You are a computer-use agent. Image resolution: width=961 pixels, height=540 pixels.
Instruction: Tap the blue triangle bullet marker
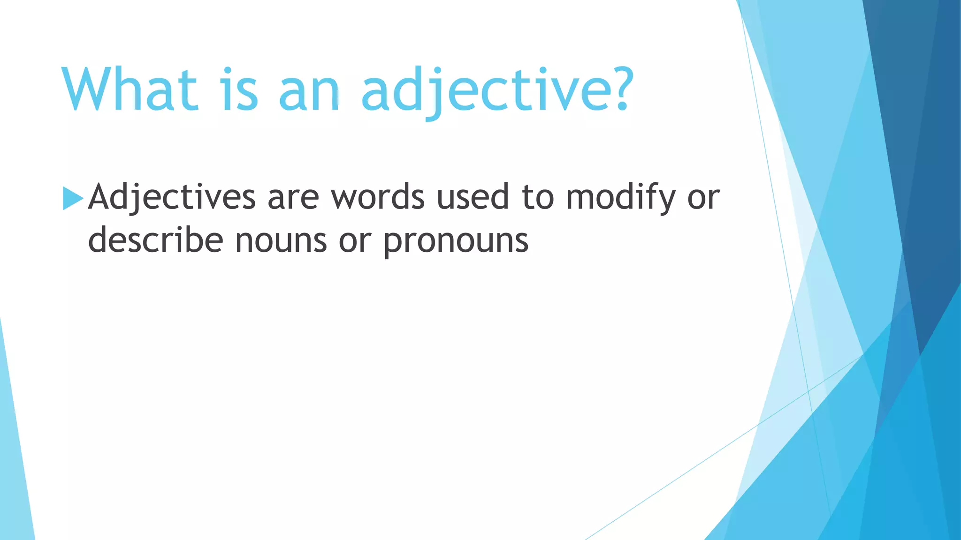click(72, 198)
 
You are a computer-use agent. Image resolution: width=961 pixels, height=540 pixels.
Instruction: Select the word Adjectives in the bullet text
click(172, 197)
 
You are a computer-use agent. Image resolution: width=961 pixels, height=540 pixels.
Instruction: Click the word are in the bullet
click(293, 198)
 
